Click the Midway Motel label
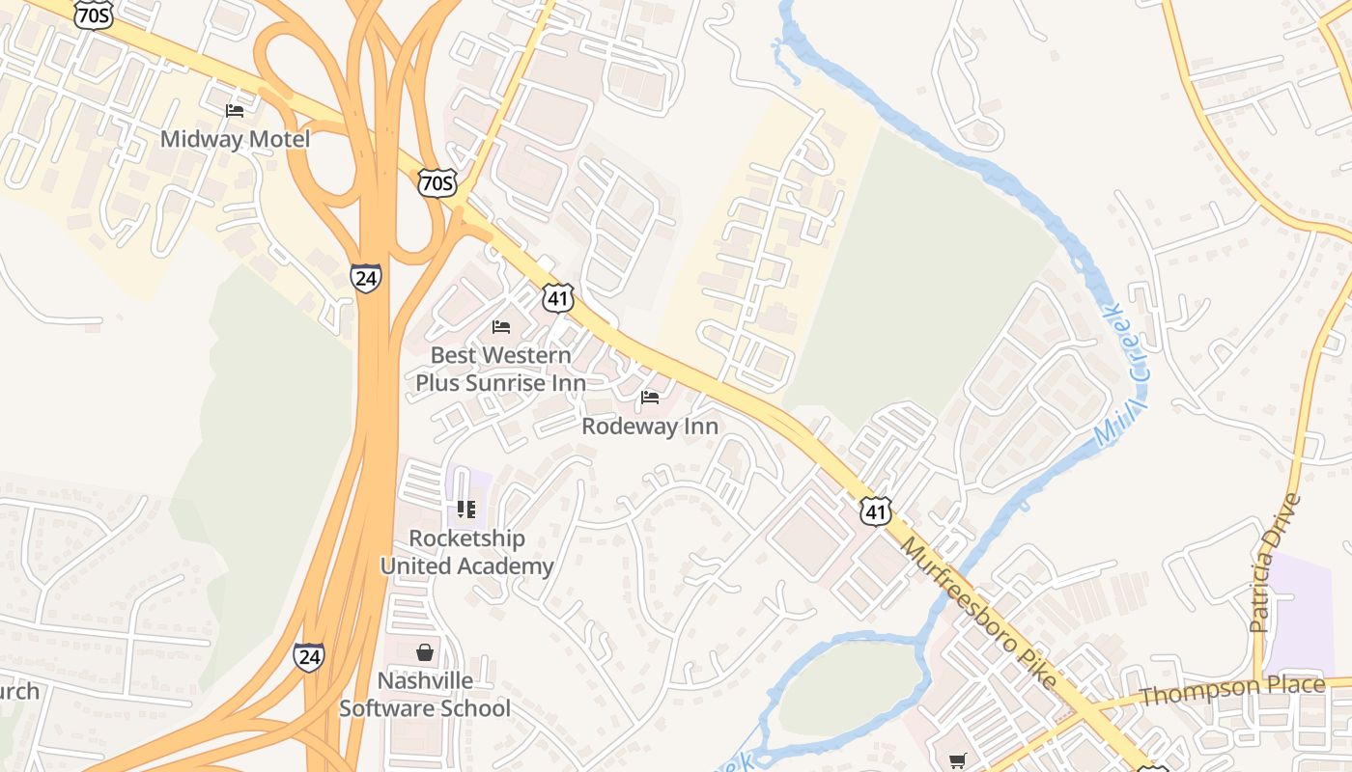coord(235,139)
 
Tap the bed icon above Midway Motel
coord(235,111)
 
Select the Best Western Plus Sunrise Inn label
coord(500,369)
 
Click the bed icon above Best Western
coord(500,327)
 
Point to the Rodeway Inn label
coord(650,426)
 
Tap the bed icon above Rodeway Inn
coord(650,398)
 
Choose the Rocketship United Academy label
coord(466,552)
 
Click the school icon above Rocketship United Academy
coord(466,509)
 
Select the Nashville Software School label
coord(425,695)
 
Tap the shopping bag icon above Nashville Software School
coord(425,652)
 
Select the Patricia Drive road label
coord(1275,565)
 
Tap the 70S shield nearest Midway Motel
coord(94,14)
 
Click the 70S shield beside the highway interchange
coord(437,182)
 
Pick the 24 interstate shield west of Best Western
coord(365,278)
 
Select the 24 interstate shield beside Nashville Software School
coord(309,657)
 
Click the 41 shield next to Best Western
coord(558,298)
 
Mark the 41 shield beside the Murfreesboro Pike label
coord(875,510)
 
